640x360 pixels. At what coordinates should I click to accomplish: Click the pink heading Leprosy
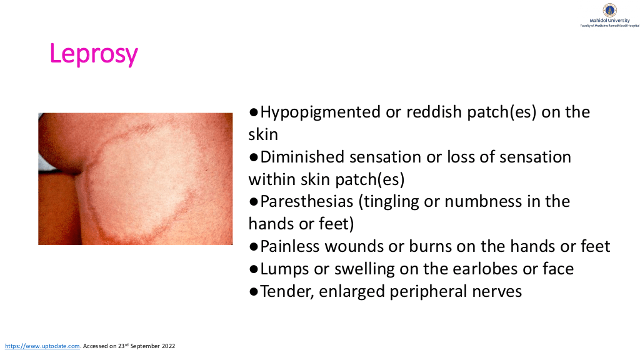pos(94,54)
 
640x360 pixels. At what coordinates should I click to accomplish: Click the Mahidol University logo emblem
pos(609,10)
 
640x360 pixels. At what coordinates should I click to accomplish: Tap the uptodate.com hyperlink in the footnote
pos(42,346)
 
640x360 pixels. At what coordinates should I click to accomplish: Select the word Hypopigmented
pos(321,112)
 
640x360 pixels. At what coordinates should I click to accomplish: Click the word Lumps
pos(284,269)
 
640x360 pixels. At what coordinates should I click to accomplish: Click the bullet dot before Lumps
pos(254,269)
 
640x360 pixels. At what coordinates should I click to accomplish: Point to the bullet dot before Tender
pos(254,292)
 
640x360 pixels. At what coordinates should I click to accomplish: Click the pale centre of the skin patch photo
pos(143,179)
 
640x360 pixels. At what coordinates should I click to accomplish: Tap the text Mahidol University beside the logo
pos(609,21)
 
